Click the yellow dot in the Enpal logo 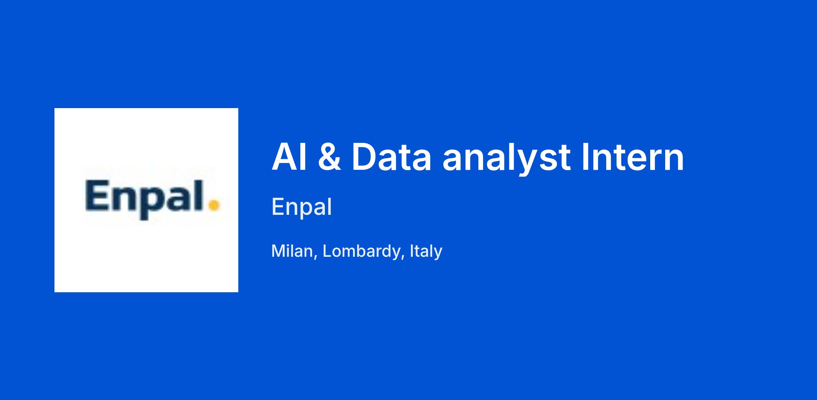[x=214, y=205]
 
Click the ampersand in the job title [x=329, y=157]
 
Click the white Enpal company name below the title [x=302, y=207]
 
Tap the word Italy [x=426, y=251]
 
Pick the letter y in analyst [x=529, y=164]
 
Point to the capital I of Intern [x=585, y=157]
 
